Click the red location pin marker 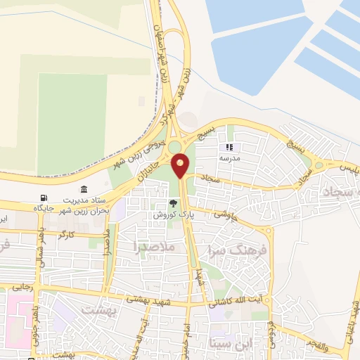coord(181,165)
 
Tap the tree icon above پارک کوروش coord(164,203)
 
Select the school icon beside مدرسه coord(229,148)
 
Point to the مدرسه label coord(230,158)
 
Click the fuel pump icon coord(45,198)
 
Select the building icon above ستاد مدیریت coord(84,189)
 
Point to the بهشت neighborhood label coord(97,309)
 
